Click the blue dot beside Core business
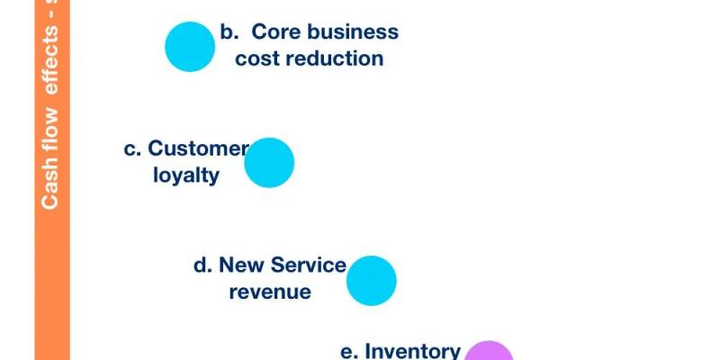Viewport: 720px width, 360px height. coord(190,47)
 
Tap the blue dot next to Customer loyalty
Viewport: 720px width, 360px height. coord(269,163)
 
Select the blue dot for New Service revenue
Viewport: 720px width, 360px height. coord(372,281)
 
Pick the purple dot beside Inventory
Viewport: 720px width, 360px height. coord(489,354)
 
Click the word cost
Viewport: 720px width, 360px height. coord(255,59)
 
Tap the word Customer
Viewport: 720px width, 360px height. coord(197,148)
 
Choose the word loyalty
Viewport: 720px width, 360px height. coord(186,175)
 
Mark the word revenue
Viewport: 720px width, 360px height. coord(270,292)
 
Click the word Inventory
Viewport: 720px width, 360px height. coord(413,351)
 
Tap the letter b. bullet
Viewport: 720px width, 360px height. coord(229,32)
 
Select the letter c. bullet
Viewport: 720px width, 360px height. coord(132,149)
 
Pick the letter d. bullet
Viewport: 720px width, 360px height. coord(202,265)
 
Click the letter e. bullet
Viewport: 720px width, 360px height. coord(349,352)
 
